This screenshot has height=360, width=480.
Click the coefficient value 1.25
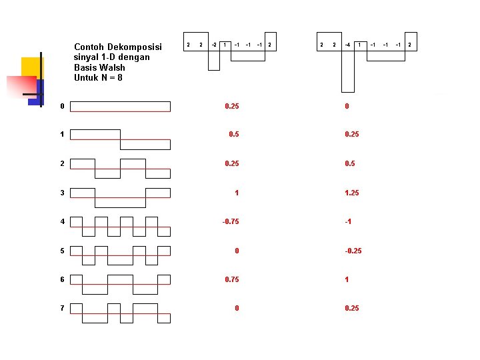[x=352, y=193]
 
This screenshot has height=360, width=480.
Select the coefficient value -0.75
[x=231, y=222]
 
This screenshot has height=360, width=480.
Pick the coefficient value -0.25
[x=353, y=251]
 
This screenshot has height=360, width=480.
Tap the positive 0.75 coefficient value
[x=231, y=279]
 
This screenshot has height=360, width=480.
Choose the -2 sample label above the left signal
[x=213, y=45]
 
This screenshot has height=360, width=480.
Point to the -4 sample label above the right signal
[x=347, y=45]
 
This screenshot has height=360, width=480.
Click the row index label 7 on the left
[x=62, y=308]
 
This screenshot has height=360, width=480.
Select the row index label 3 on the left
[x=62, y=193]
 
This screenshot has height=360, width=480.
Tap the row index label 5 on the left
[x=62, y=251]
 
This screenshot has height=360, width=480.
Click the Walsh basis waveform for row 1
[x=120, y=139]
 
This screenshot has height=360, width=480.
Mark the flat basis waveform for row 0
[x=120, y=107]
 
